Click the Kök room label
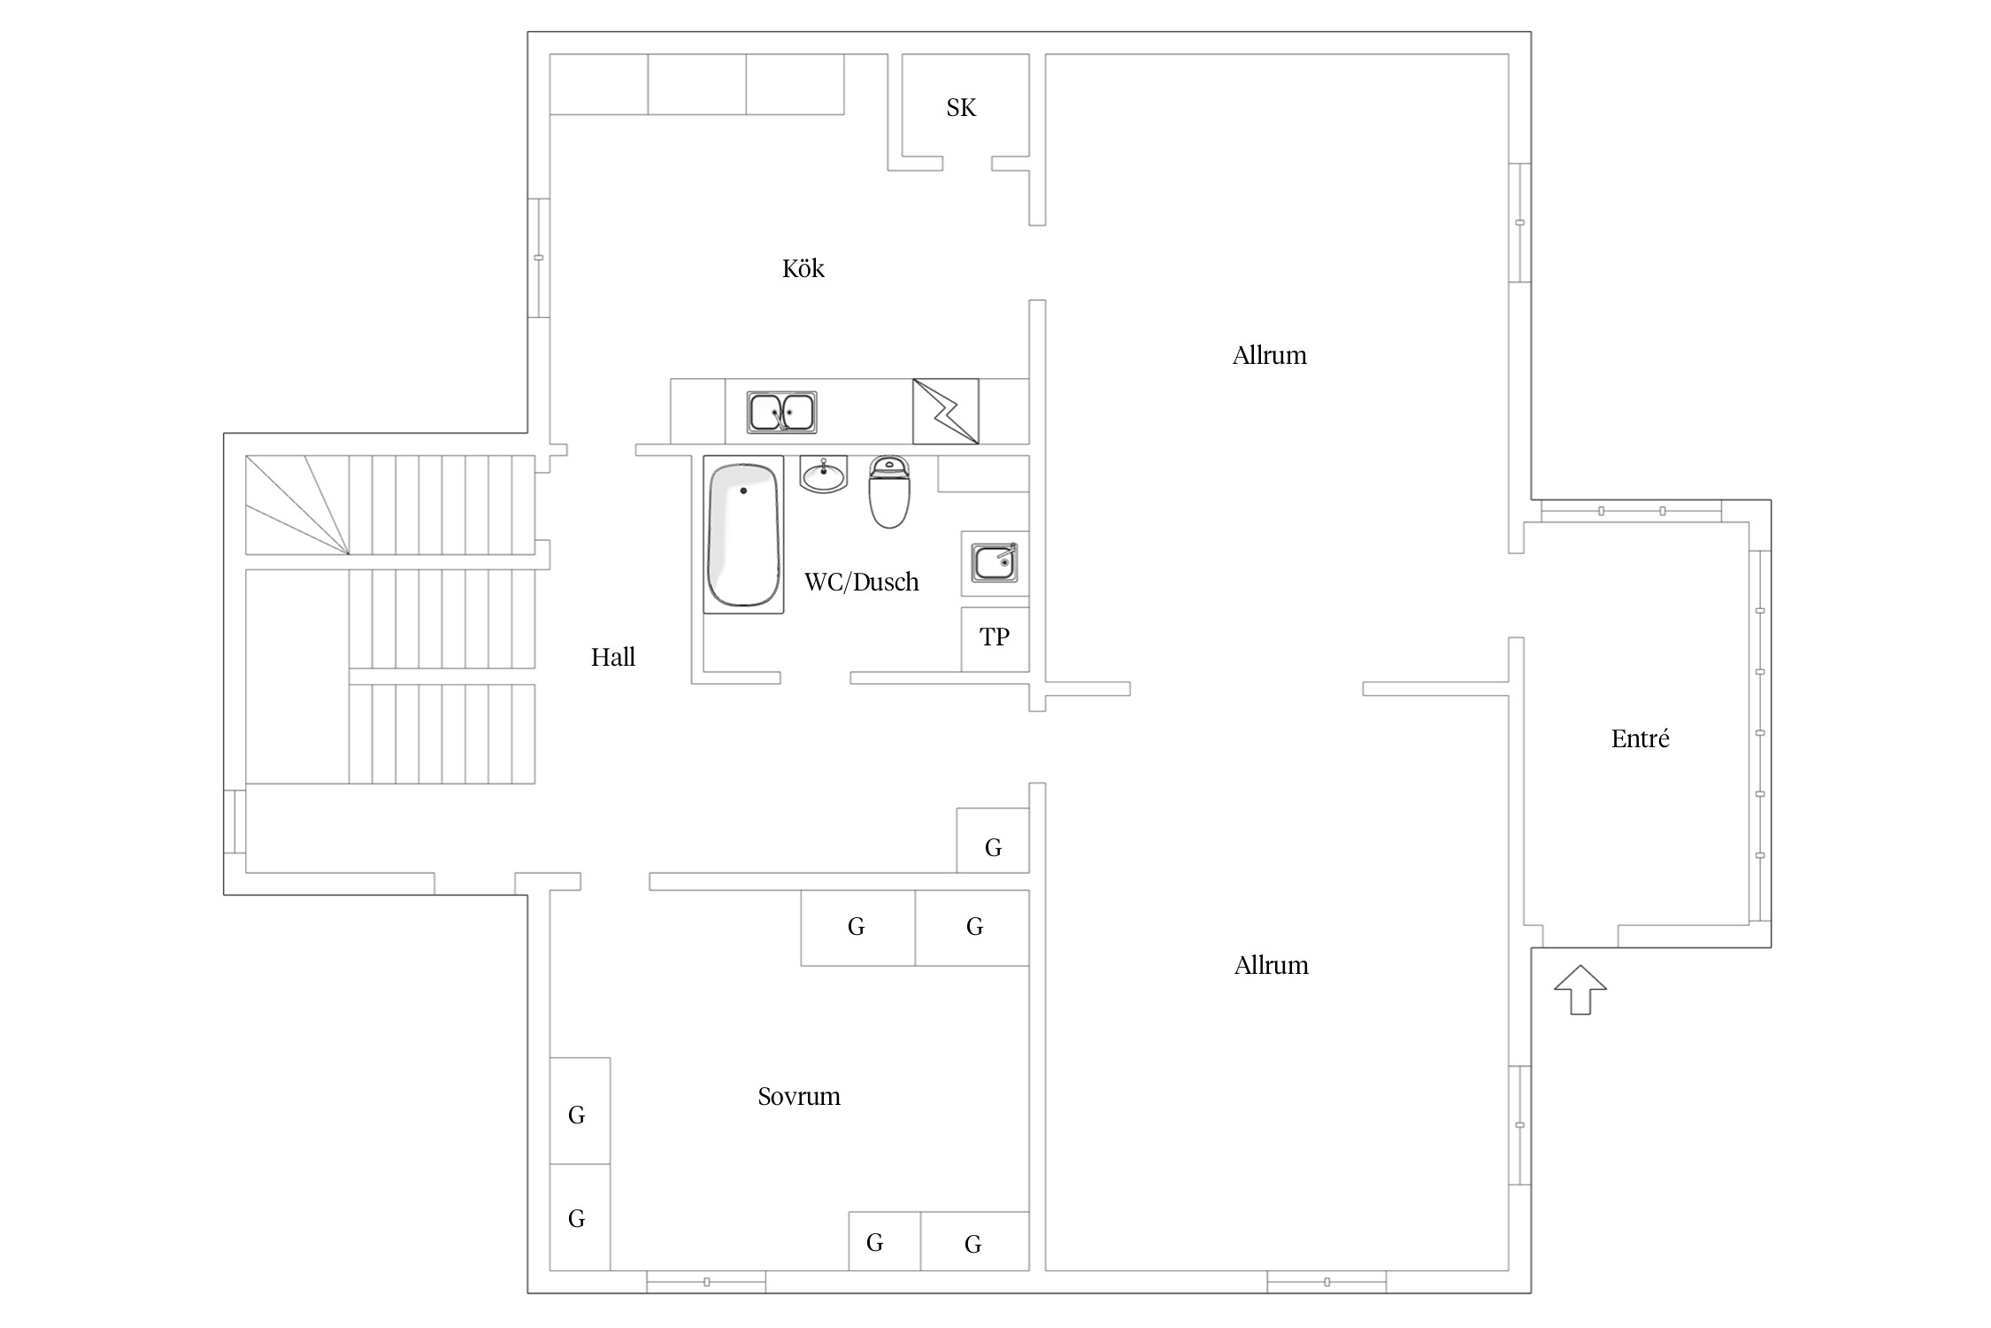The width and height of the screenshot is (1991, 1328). pyautogui.click(x=803, y=268)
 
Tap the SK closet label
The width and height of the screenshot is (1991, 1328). pyautogui.click(x=961, y=108)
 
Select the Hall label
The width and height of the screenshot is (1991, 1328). pyautogui.click(x=613, y=657)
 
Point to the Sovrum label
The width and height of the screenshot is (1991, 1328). pyautogui.click(x=799, y=1096)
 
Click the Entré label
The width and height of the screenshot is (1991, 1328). pyautogui.click(x=1640, y=738)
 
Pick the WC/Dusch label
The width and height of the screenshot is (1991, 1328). pyautogui.click(x=861, y=582)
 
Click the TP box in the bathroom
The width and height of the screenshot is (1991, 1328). pyautogui.click(x=995, y=638)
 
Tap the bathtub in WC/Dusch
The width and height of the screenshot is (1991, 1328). pyautogui.click(x=743, y=535)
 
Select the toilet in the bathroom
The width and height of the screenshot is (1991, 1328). pyautogui.click(x=889, y=492)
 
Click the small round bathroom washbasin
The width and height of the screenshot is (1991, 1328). pyautogui.click(x=824, y=475)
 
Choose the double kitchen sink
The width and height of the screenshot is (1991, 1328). pyautogui.click(x=781, y=413)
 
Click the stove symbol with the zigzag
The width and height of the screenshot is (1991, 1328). pyautogui.click(x=946, y=412)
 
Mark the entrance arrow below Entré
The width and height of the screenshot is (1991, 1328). pyautogui.click(x=1580, y=990)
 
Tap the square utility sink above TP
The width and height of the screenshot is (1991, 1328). pyautogui.click(x=995, y=563)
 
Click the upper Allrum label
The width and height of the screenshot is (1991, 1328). pyautogui.click(x=1269, y=355)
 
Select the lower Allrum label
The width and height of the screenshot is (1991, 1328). pyautogui.click(x=1271, y=965)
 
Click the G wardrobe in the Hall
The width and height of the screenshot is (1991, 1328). pyautogui.click(x=993, y=840)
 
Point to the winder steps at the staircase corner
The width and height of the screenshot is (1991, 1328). pyautogui.click(x=297, y=505)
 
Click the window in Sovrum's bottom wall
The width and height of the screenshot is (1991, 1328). pyautogui.click(x=706, y=1281)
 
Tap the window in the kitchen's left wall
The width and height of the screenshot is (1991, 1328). pyautogui.click(x=539, y=258)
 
